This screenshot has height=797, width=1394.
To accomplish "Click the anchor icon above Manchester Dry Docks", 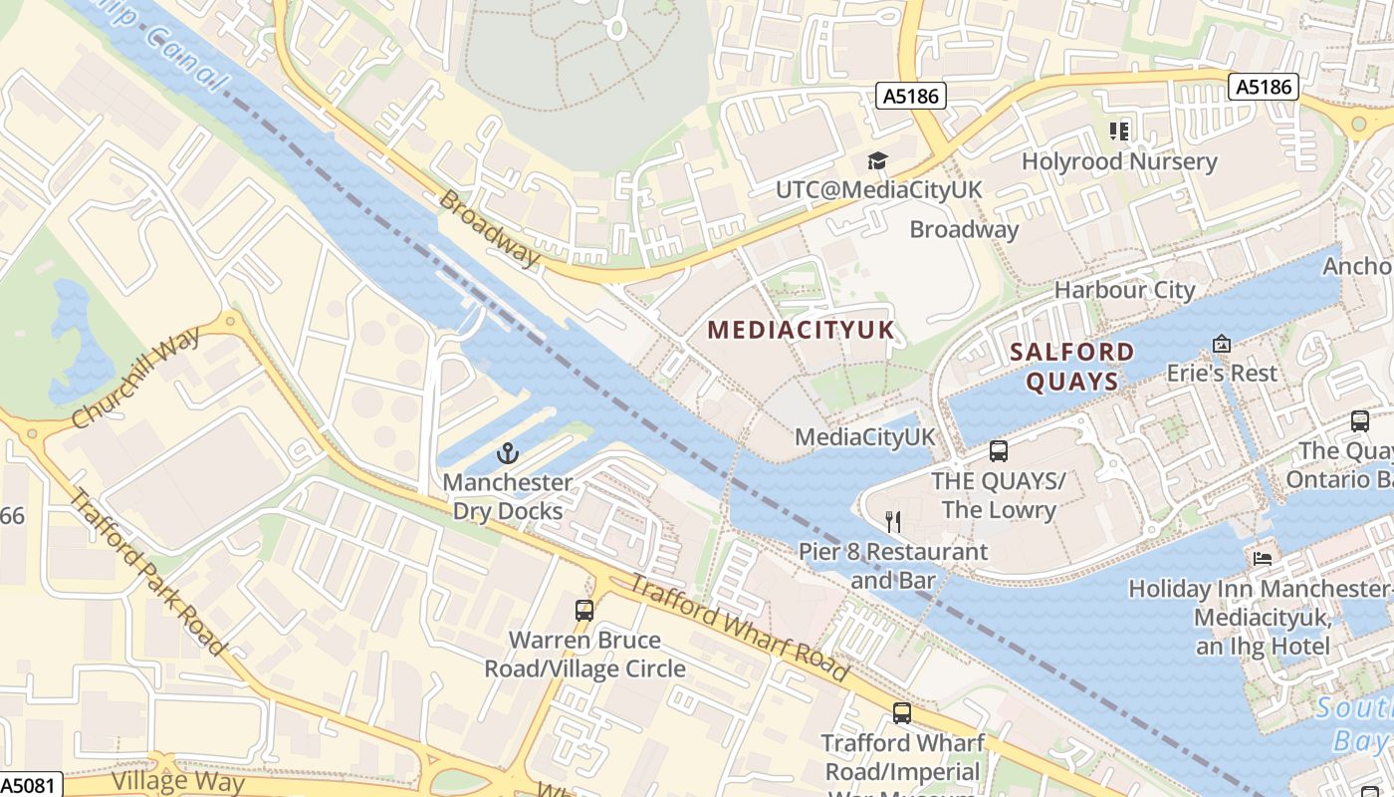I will coord(508,454).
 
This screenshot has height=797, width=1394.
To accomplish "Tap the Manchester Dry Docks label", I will coord(508,497).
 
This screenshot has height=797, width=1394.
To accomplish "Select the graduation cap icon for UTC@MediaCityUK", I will coord(877,161).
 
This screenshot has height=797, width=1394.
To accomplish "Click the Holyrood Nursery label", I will coord(1119,161).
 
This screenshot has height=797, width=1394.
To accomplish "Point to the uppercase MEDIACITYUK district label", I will coord(801,330).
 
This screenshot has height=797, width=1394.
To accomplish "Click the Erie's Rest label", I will coord(1221,374).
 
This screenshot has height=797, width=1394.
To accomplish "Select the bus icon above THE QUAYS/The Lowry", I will coord(999,451).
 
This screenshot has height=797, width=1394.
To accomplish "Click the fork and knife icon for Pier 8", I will coord(893,521).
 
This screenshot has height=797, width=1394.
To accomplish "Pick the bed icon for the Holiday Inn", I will coord(1263,558).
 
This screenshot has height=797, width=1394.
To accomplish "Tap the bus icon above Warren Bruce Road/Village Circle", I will coord(584,610).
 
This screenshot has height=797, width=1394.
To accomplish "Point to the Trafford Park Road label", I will coord(147,572).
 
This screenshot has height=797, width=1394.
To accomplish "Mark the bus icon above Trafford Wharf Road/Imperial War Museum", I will coord(901,712).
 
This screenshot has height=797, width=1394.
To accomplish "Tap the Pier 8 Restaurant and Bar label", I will coord(893,566).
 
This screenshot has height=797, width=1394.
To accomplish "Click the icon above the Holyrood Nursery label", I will coord(1119,132).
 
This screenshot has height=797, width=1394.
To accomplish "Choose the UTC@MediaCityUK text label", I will coord(878,190).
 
